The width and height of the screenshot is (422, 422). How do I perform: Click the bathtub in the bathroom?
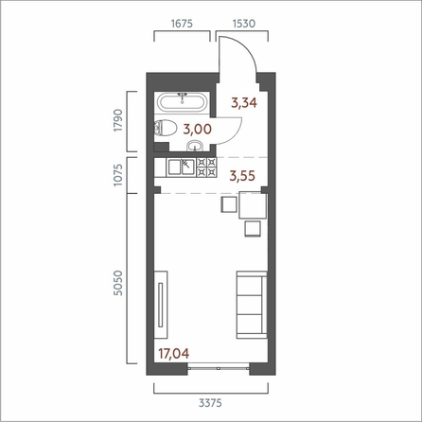tap(184, 100)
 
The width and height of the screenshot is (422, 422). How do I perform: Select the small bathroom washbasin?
tap(195, 145)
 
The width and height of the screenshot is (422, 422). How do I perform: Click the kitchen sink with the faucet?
tap(188, 167)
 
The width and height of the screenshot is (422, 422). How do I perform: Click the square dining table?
tap(252, 204)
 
